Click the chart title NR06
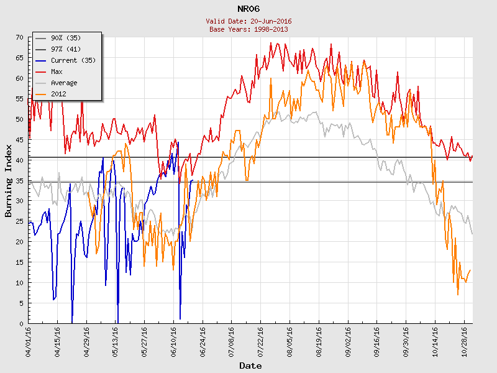[248, 9]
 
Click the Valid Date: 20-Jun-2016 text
[248, 21]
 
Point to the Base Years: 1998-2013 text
[248, 29]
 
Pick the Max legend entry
[57, 71]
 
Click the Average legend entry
[64, 83]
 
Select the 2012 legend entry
[58, 94]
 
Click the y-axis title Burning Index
[9, 180]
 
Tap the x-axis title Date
[250, 366]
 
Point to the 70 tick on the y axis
[21, 37]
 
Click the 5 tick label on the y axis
[22, 303]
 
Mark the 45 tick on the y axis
[21, 140]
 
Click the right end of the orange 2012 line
[471, 270]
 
